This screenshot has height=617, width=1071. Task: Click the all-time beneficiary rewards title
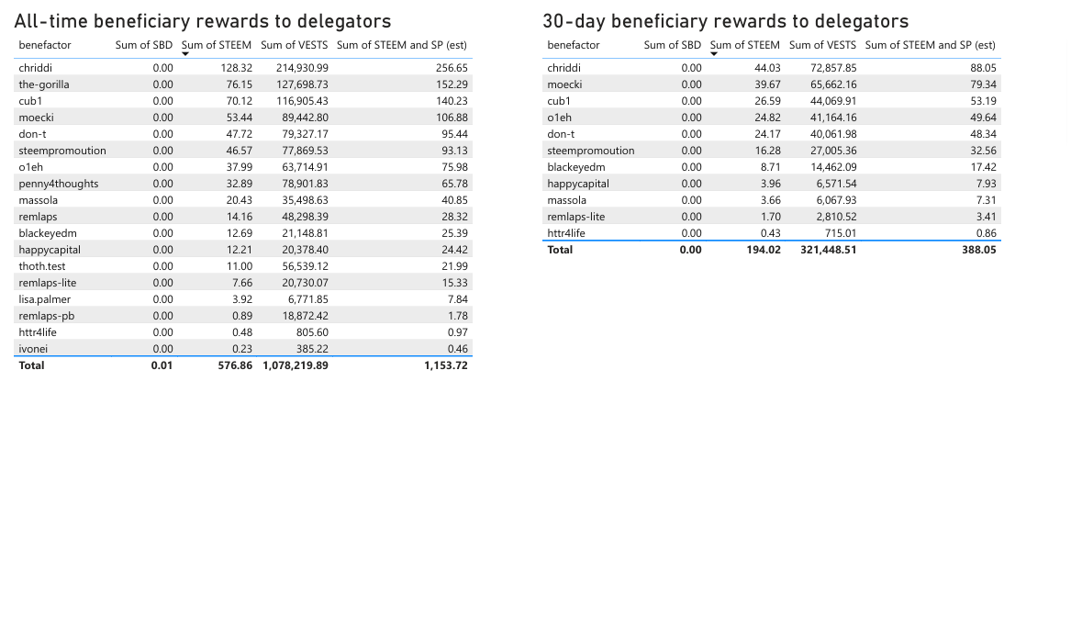(x=203, y=21)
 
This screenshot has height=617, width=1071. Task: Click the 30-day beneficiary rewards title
(x=725, y=21)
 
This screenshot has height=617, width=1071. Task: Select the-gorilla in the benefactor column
(x=44, y=84)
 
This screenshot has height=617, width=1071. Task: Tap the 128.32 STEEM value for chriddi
(x=236, y=68)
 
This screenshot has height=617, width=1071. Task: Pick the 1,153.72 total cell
(x=446, y=365)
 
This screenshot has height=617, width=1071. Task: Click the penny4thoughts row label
(x=59, y=184)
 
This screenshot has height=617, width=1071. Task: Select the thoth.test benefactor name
(x=42, y=266)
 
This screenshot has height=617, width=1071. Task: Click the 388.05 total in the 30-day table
(x=979, y=250)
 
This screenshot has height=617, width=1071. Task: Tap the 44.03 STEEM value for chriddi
(x=767, y=68)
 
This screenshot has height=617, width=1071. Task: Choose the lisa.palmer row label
(x=45, y=299)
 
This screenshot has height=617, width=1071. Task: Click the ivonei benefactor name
(x=33, y=349)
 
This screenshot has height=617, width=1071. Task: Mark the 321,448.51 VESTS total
(x=822, y=250)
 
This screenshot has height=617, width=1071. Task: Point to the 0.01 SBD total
(x=162, y=365)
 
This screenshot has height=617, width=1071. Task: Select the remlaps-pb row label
(x=47, y=316)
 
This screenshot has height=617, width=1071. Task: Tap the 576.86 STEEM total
(x=235, y=365)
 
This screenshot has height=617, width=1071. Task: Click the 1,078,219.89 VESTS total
(x=289, y=365)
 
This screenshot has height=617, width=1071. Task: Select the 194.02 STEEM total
(x=764, y=250)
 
